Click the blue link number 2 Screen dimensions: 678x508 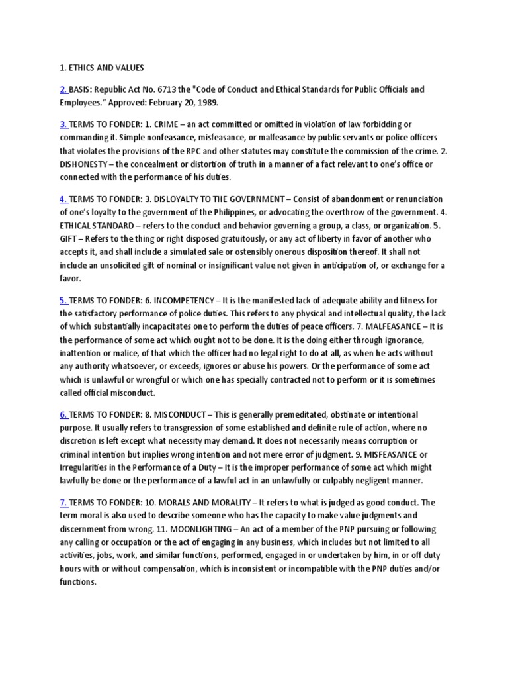pos(63,89)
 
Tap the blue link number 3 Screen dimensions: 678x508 pos(63,124)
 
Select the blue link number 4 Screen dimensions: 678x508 pos(63,199)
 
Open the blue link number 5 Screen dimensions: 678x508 pos(63,300)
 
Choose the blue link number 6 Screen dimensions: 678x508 pos(63,414)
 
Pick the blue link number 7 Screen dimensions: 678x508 pos(63,503)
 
